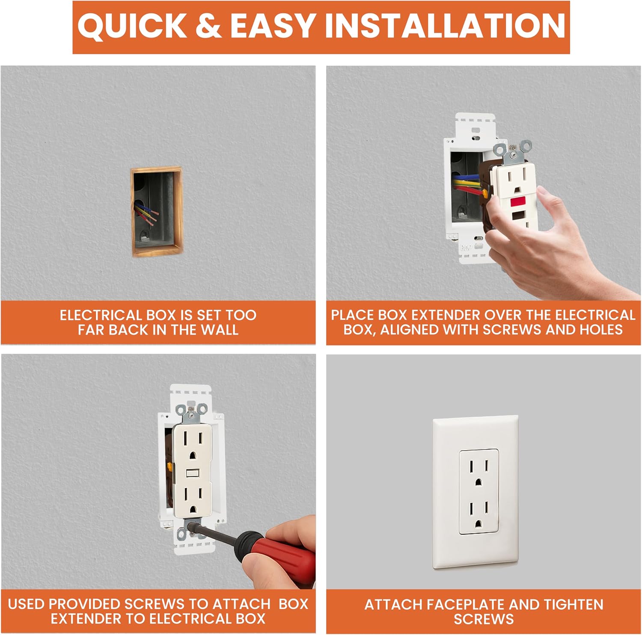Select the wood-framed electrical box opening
pos(157,212)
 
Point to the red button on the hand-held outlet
pos(518,201)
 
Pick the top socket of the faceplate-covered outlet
pos(479,472)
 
